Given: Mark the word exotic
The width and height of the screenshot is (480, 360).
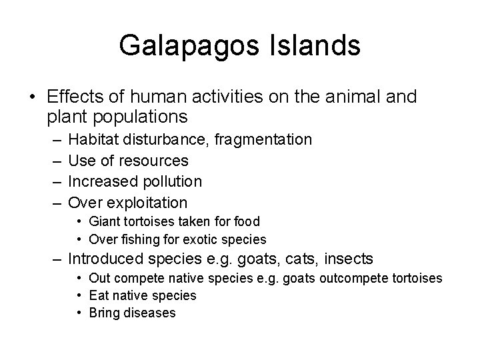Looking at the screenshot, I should [207, 239].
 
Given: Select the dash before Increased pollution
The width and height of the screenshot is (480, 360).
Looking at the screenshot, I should [53, 181].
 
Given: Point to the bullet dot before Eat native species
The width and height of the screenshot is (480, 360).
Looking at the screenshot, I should [79, 295].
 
